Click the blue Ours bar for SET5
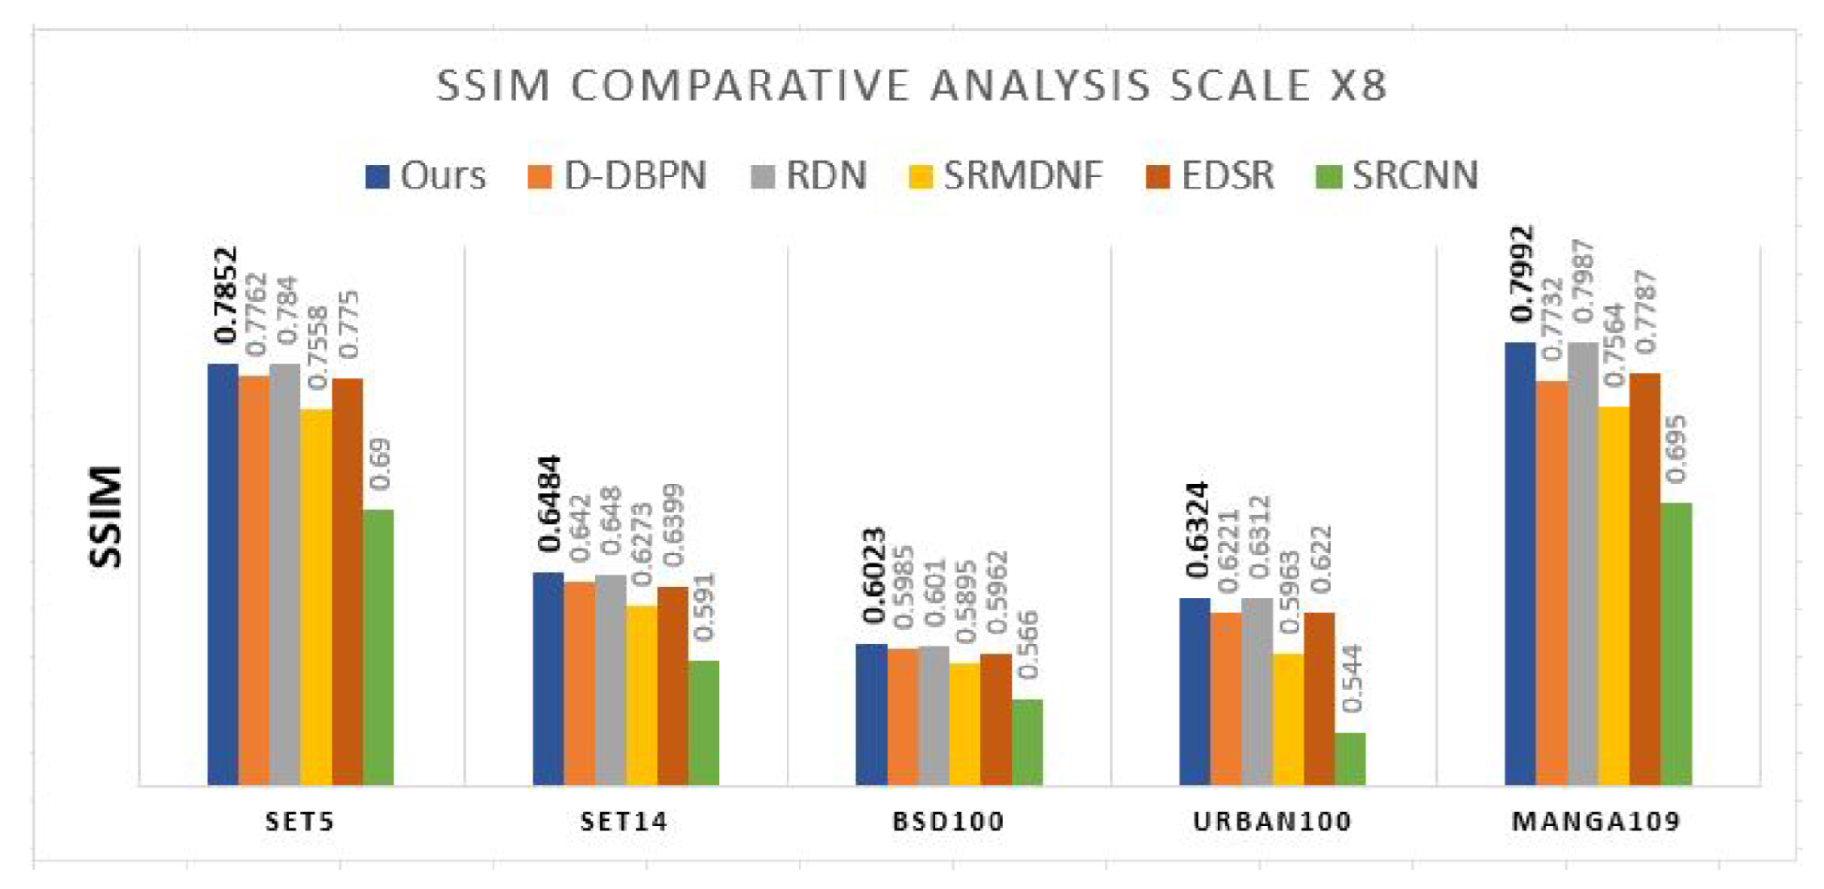click(222, 575)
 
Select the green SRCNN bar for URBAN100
click(1350, 758)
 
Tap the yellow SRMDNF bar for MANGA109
click(1614, 596)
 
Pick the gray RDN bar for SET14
click(610, 679)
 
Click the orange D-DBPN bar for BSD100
click(902, 716)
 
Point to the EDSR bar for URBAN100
click(1320, 699)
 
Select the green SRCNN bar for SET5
click(379, 647)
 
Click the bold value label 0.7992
click(1522, 274)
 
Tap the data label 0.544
click(1352, 678)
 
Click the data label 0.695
click(1675, 449)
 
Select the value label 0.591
click(703, 607)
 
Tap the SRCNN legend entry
click(1398, 176)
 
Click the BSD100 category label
click(948, 821)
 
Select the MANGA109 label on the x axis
click(1596, 821)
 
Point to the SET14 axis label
click(624, 821)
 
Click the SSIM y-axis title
click(107, 518)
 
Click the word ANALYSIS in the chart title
click(1039, 86)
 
